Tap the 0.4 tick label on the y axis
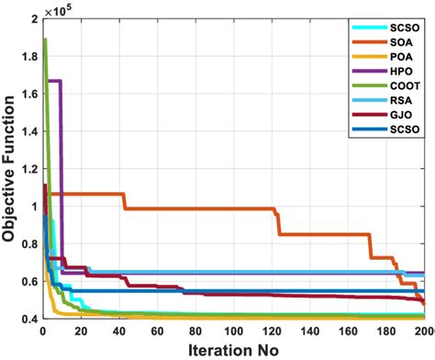pyautogui.click(x=28, y=319)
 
